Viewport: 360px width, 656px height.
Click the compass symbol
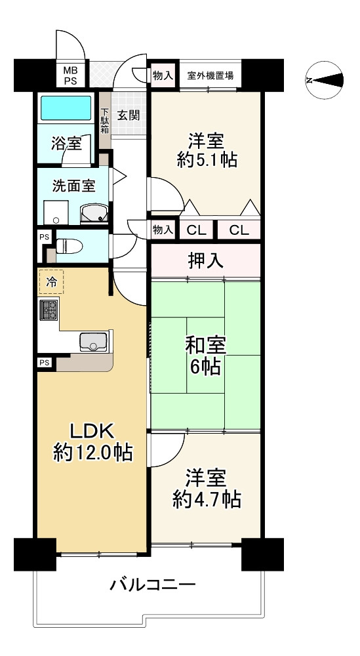click(x=325, y=80)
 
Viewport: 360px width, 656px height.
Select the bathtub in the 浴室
click(x=66, y=108)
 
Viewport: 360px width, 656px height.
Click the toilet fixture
click(x=69, y=245)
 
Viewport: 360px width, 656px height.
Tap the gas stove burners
click(x=48, y=310)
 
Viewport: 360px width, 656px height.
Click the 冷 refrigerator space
click(x=51, y=282)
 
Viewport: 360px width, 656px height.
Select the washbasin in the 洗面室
click(x=94, y=214)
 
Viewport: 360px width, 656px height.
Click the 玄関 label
click(x=128, y=115)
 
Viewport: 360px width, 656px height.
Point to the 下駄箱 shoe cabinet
click(x=104, y=121)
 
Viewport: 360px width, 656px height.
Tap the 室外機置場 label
click(x=210, y=76)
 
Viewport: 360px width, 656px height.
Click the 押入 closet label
click(x=205, y=261)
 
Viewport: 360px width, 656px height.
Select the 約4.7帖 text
click(x=207, y=499)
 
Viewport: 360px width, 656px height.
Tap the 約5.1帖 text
click(x=207, y=159)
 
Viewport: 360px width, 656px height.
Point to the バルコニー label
click(x=153, y=584)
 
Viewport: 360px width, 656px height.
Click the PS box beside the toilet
click(x=45, y=237)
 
